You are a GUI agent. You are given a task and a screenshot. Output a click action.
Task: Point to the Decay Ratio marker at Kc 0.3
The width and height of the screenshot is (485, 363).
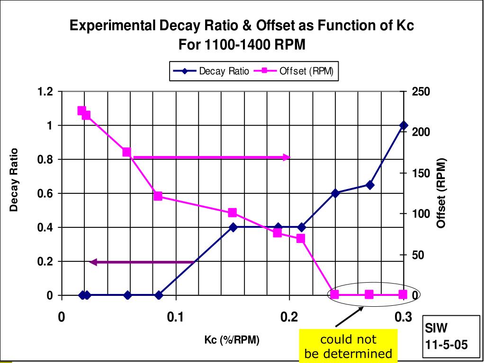pos(403,125)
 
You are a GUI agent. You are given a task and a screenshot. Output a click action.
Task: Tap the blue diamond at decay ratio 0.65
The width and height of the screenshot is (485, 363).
pos(369,185)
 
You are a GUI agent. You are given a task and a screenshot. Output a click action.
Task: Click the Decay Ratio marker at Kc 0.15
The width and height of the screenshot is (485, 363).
pos(233,227)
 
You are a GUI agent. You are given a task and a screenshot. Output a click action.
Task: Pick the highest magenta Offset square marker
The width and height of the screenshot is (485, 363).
pos(81,111)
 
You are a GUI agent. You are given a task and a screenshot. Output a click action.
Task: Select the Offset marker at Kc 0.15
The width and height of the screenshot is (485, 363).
pos(233,213)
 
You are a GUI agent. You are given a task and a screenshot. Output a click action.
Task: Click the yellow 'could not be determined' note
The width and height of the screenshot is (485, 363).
pos(348,346)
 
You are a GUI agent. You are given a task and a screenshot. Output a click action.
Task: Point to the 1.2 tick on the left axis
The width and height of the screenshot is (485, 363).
pos(48,91)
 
